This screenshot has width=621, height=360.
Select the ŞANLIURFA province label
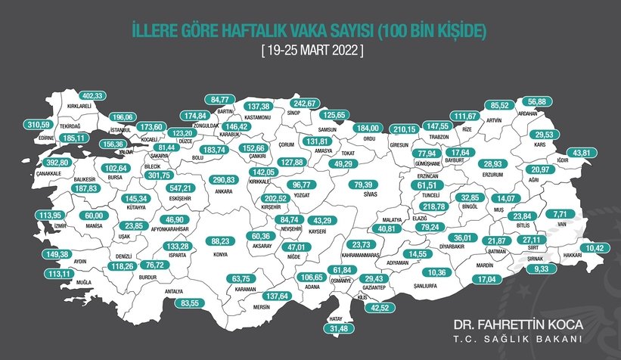point(436,285)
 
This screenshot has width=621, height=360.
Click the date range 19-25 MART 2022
point(310,51)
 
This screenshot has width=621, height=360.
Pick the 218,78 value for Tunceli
point(434,206)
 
